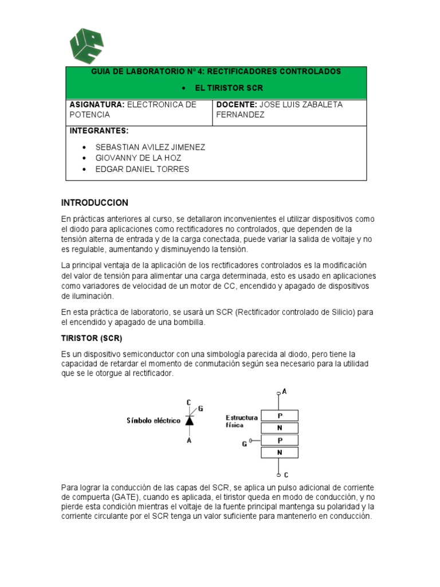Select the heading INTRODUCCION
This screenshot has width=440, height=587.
pos(95,203)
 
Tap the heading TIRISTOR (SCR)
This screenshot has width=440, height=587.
pos(92,338)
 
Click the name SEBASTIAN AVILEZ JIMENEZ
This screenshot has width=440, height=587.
pos(150,147)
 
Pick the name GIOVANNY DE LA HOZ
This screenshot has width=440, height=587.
pos(138,158)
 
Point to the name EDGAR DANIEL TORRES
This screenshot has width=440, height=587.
pos(142,169)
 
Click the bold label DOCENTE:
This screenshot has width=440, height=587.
pos(236,105)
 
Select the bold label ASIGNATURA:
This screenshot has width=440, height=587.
pos(97,105)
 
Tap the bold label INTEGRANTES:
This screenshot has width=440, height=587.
pos(99,131)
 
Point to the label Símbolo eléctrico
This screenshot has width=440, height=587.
pos(153,421)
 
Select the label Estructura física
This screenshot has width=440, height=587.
pos(241,421)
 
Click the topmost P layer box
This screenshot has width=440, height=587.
pos(280,416)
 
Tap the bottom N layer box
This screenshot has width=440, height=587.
pos(280,453)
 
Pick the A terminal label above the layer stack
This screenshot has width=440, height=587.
pos(285,392)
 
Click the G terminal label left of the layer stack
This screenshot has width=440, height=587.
pos(244,443)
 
